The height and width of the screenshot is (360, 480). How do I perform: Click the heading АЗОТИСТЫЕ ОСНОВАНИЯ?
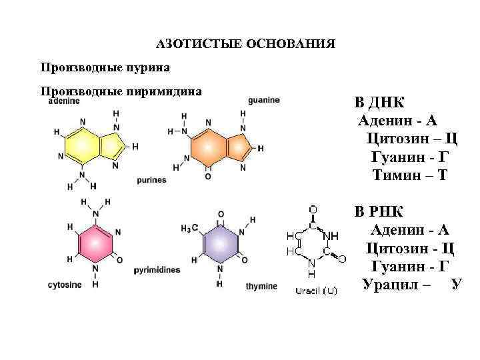(245, 45)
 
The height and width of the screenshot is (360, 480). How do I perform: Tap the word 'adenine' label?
(65, 101)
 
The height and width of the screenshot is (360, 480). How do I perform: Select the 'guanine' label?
(263, 100)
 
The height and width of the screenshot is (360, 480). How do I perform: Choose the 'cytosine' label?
(65, 285)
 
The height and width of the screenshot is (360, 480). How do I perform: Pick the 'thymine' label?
(261, 287)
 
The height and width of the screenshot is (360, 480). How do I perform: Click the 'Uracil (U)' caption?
(316, 290)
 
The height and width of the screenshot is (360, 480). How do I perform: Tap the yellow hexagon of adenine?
(82, 142)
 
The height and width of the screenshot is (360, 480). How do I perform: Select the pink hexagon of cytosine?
(95, 243)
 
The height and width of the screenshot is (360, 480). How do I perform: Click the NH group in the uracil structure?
(331, 236)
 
